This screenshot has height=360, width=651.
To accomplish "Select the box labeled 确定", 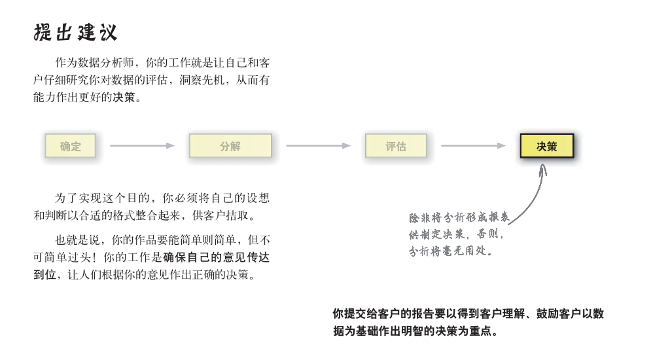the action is tap(70, 146).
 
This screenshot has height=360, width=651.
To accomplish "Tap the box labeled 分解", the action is tap(230, 146).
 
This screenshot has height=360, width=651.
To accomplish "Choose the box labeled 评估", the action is tap(396, 146).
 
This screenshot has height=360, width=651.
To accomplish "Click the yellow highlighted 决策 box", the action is tap(546, 146).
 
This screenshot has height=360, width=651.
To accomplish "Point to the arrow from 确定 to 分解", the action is tap(142, 146).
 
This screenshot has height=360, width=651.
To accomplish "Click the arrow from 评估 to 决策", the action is tap(473, 146).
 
